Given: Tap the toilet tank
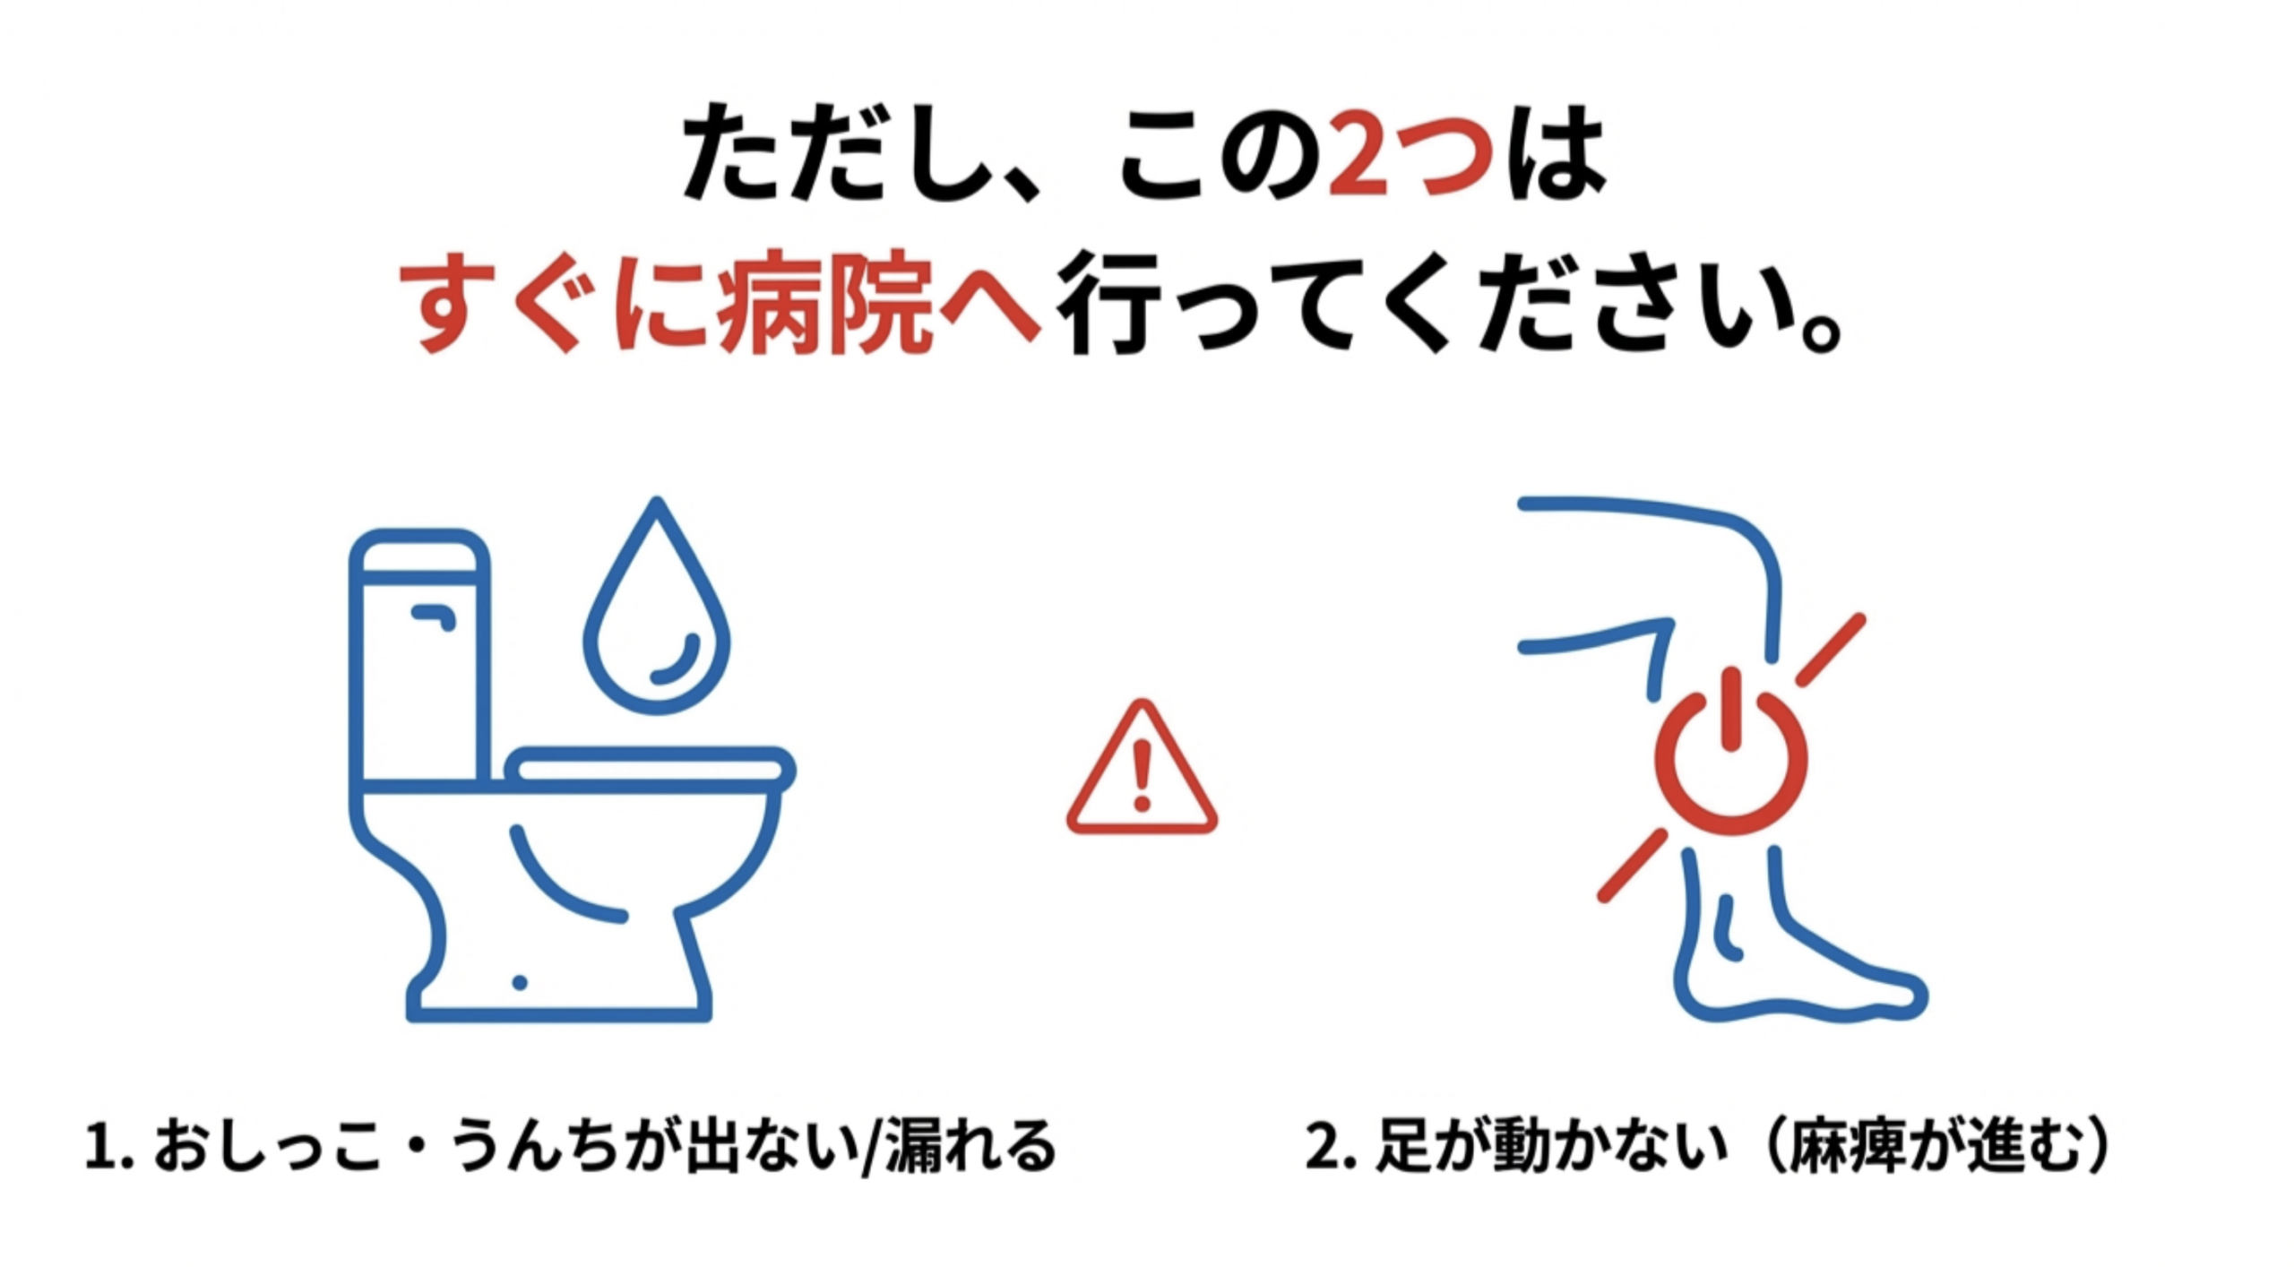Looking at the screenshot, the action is pyautogui.click(x=419, y=659).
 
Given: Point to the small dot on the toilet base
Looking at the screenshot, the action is pyautogui.click(x=520, y=983).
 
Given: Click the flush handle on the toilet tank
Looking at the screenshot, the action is pyautogui.click(x=434, y=616).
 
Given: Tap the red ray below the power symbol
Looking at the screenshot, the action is pyautogui.click(x=1633, y=866).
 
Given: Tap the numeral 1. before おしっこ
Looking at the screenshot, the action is pyautogui.click(x=109, y=1148).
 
